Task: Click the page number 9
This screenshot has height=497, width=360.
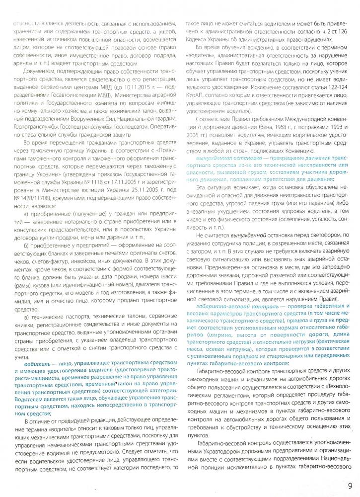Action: coord(351,486)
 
